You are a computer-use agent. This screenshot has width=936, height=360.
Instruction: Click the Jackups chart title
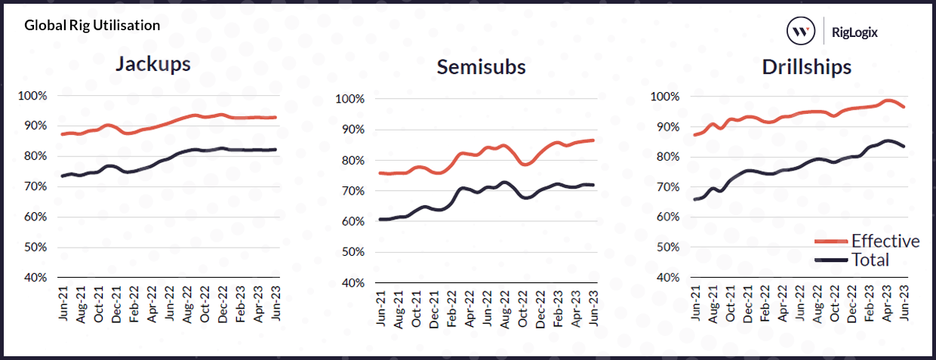tap(152, 63)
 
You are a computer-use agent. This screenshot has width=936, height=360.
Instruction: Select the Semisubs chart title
tap(481, 67)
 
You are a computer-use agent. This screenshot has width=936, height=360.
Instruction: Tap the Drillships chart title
tap(806, 66)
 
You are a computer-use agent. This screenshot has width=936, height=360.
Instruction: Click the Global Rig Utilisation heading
tap(92, 25)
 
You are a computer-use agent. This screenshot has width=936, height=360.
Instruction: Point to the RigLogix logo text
tap(854, 32)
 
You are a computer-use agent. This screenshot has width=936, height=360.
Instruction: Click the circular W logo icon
tap(801, 32)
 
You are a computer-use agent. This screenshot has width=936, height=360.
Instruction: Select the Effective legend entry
tap(885, 242)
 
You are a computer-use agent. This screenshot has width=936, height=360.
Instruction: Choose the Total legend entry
tap(870, 260)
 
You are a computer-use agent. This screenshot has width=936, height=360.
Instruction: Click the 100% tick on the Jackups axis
tap(32, 96)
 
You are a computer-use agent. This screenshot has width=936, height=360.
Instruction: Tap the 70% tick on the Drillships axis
tap(669, 187)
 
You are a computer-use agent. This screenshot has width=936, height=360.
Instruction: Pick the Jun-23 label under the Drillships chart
tap(904, 302)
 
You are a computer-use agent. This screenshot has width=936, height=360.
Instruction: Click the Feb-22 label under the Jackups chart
tap(133, 302)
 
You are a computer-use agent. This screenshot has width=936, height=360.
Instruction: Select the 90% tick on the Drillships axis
tap(669, 127)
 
